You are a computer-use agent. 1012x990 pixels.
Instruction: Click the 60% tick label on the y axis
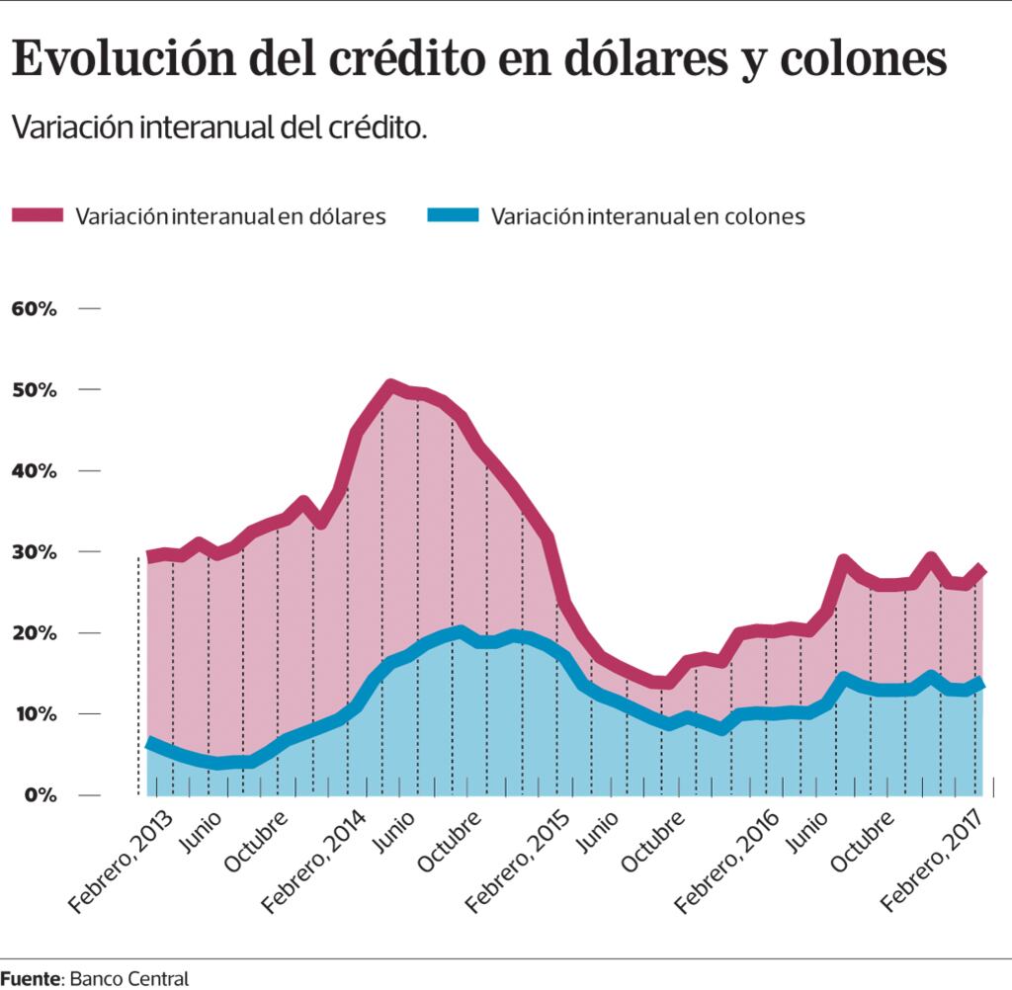tap(35, 309)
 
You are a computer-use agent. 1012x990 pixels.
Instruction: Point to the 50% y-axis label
tap(35, 390)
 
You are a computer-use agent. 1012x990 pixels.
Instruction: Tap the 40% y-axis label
tap(35, 471)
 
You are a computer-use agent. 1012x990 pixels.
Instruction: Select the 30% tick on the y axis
tap(35, 552)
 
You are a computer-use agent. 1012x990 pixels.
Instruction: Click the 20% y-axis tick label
tap(35, 633)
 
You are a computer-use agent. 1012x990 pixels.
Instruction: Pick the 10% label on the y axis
tap(35, 714)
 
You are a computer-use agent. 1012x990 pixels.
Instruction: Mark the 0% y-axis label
tap(40, 795)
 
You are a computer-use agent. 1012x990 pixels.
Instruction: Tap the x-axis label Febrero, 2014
tap(318, 861)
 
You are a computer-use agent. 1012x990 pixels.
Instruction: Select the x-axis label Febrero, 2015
tap(518, 861)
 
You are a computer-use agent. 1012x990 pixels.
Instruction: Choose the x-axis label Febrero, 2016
tap(725, 861)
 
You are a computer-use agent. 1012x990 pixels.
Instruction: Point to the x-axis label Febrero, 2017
tap(933, 861)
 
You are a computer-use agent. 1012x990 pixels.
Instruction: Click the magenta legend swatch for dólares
tap(39, 215)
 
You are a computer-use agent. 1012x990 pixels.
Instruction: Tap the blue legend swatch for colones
tap(453, 215)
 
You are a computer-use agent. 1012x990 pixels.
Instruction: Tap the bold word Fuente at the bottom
tap(31, 978)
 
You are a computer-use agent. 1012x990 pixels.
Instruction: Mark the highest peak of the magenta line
tap(391, 386)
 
